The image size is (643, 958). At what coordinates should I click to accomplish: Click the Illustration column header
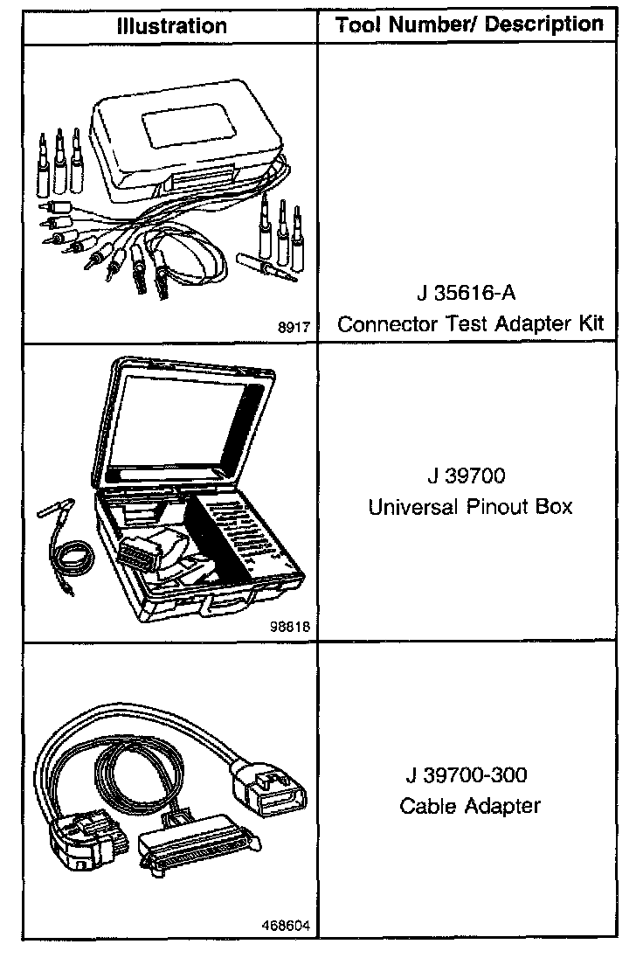[171, 26]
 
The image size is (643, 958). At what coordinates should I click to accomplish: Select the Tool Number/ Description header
[470, 24]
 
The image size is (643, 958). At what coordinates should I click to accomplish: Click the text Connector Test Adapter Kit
[470, 324]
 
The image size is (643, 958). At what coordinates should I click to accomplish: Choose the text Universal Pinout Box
[470, 507]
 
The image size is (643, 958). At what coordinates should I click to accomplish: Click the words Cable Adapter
[470, 806]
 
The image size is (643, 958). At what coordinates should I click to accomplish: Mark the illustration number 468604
[287, 925]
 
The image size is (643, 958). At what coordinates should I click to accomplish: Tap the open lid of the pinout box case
[188, 420]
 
